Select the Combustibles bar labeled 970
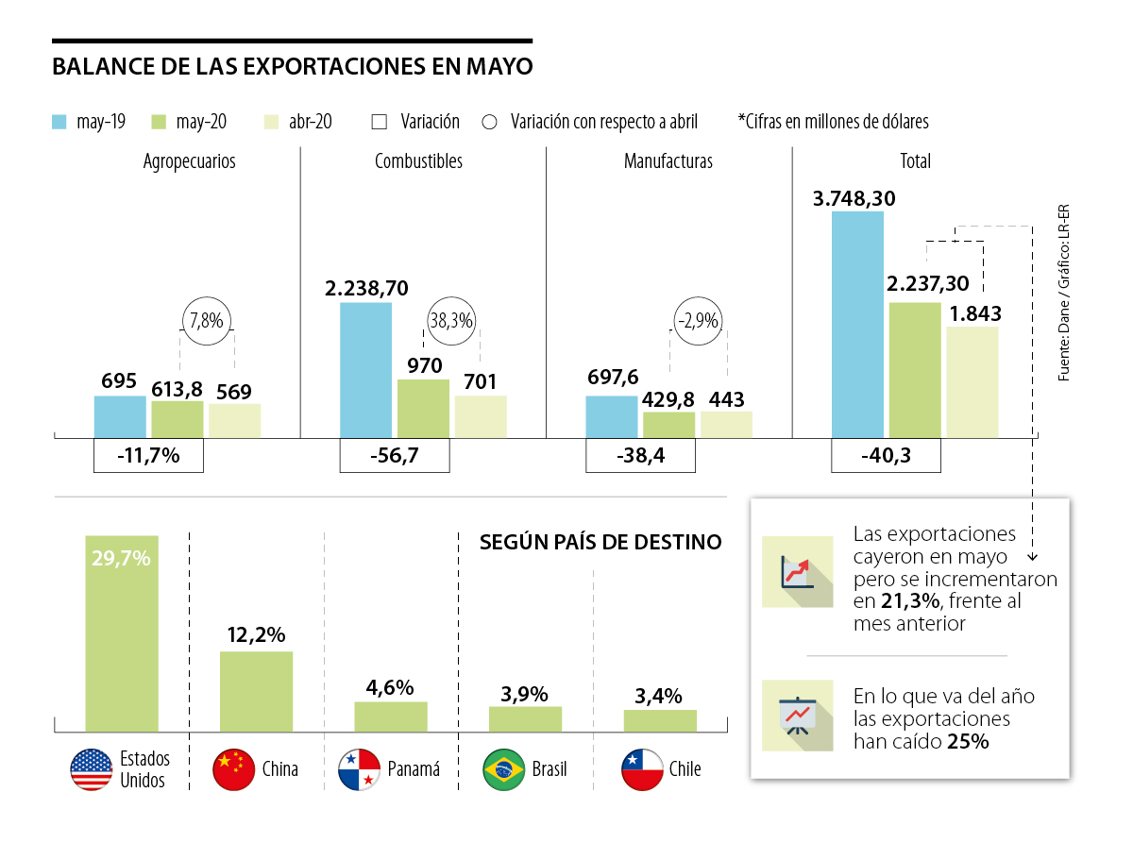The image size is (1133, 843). coord(423,408)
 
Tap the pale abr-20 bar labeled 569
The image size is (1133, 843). coord(235,420)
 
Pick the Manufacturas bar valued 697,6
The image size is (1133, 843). coord(612,416)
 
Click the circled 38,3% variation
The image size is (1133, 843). coord(451,321)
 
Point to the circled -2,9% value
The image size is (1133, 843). coord(698,321)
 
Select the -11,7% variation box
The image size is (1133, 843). coord(149,456)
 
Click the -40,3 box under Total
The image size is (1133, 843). coord(886,456)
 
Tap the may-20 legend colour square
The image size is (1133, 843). coord(159,122)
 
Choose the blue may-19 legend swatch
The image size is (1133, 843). coord(59,122)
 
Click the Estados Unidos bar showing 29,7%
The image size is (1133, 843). coord(122,633)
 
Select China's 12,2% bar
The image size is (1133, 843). coord(256,691)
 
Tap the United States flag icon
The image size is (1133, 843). coord(92,769)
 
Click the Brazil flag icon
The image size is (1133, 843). coord(503,769)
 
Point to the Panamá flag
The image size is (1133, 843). coord(360,769)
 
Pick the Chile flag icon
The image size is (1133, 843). coord(641,769)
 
